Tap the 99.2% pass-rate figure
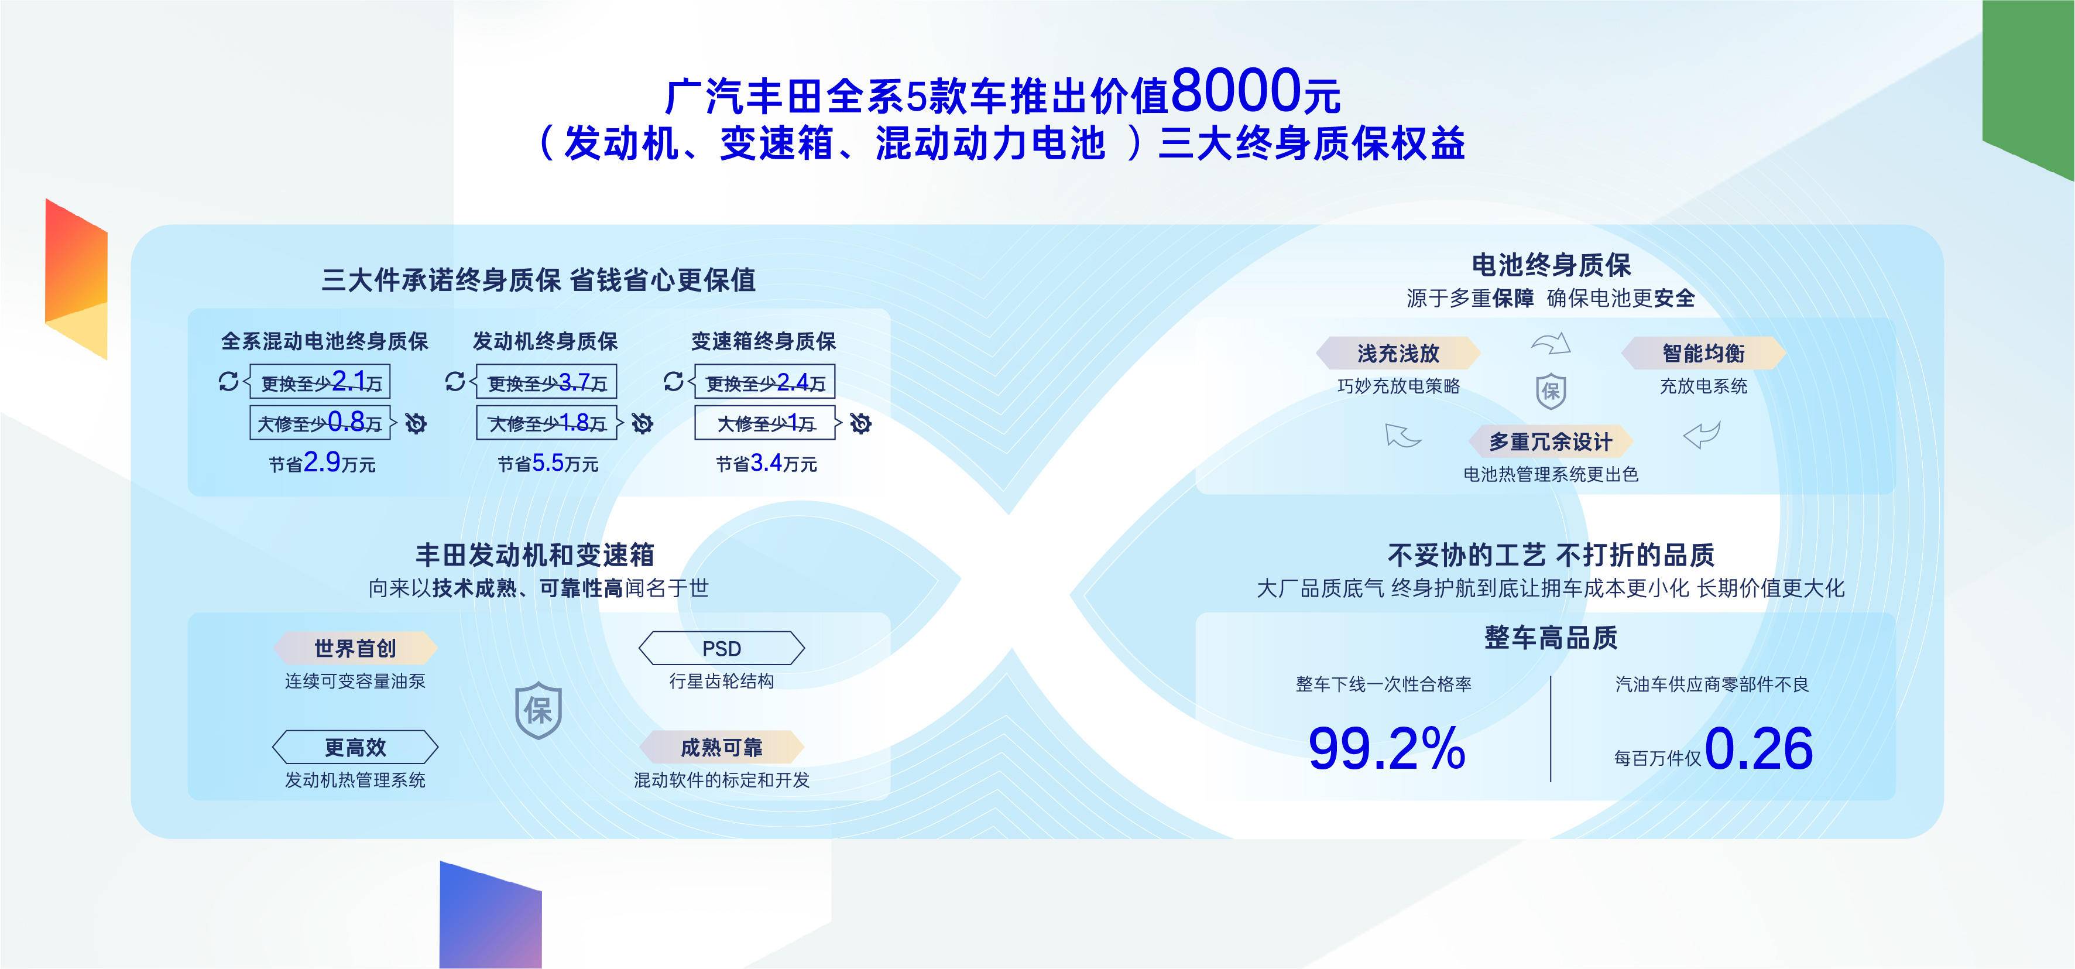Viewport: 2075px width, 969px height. coord(1386,748)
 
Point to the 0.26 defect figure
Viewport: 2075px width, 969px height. coord(1758,748)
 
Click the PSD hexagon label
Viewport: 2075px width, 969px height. coord(721,648)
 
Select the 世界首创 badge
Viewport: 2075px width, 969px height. coord(355,648)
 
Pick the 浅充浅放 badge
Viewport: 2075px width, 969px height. coord(1398,353)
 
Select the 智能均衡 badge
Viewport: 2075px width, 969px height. coord(1704,353)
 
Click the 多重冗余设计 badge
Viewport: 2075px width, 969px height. coord(1551,441)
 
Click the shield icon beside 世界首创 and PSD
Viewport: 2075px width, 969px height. coord(538,710)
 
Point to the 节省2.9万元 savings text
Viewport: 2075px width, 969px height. coord(322,463)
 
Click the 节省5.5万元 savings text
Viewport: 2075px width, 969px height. coord(548,463)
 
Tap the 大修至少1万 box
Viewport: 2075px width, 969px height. coord(765,423)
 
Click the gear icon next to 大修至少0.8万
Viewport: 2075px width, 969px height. coord(416,423)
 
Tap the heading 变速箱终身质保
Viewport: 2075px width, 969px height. coord(764,341)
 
